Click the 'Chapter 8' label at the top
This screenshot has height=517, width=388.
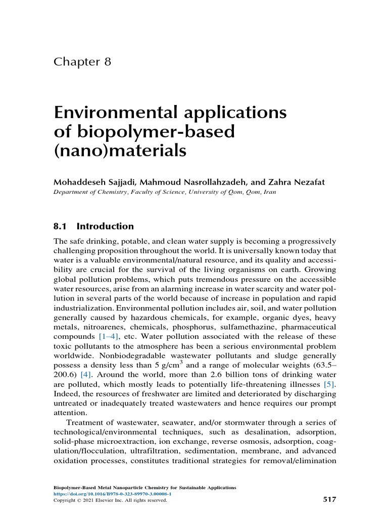point(82,62)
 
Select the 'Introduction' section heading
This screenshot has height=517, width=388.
point(105,226)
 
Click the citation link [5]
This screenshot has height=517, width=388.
point(329,385)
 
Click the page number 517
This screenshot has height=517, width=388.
point(328,499)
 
